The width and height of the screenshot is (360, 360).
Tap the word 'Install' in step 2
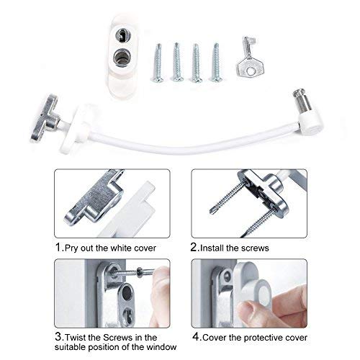click(x=215, y=247)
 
